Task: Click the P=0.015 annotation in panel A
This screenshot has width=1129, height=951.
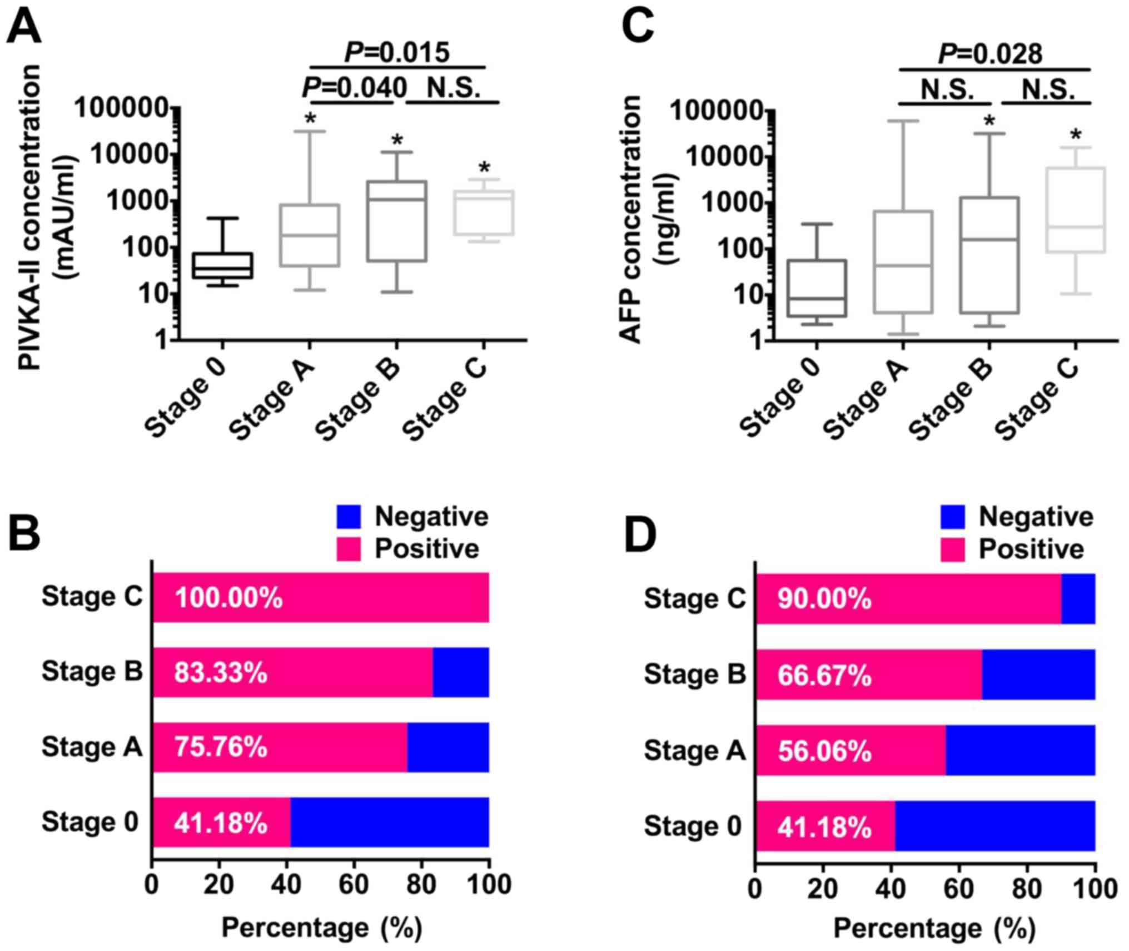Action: coord(397,53)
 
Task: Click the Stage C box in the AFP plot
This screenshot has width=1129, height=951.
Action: coord(1076,210)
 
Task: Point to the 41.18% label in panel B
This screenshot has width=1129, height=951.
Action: coord(221,823)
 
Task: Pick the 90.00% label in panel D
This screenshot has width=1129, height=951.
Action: coord(824,600)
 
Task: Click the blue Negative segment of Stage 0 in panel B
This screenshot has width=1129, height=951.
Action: coord(389,823)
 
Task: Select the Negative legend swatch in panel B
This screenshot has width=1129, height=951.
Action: coord(349,517)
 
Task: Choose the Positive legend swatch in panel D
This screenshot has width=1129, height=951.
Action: coord(952,549)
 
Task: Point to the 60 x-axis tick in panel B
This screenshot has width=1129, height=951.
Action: coord(354,884)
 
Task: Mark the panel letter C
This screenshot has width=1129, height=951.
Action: coord(638,27)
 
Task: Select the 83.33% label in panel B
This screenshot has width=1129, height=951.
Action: coord(221,672)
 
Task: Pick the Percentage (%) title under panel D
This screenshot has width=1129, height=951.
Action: coord(934,928)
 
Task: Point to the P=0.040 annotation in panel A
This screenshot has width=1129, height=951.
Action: coord(354,88)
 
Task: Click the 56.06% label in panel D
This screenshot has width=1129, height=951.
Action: coord(824,751)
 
